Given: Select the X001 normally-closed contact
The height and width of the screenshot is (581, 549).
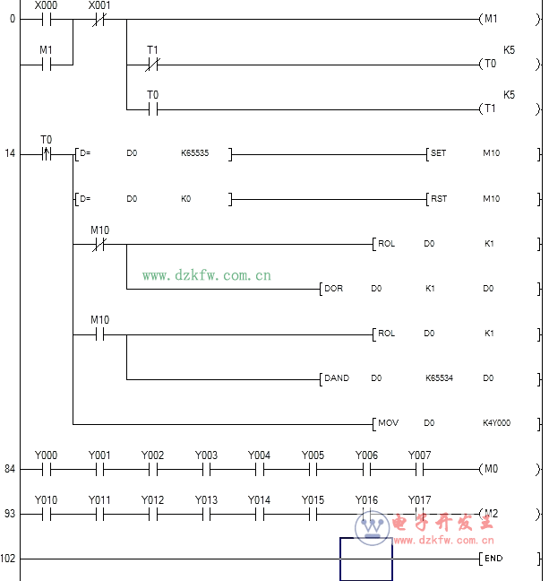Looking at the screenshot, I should [99, 19].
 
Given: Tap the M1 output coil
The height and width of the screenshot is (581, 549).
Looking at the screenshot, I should [491, 19].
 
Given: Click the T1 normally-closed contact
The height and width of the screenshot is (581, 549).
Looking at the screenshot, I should [152, 64].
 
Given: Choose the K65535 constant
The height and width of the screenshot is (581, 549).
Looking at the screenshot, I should [194, 153].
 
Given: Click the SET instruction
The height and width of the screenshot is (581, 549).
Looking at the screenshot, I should [438, 153].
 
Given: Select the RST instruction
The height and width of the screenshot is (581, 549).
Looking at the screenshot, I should [438, 198].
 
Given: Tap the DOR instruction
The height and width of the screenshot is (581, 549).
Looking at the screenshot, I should [332, 289].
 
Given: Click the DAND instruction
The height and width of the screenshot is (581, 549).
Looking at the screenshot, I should [336, 378].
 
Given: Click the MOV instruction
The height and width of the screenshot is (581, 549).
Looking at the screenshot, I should [387, 423].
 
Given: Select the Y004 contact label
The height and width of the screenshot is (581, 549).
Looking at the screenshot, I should [259, 455].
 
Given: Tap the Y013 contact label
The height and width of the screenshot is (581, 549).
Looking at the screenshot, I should [206, 500].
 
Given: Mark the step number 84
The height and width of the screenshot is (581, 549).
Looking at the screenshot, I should [9, 468].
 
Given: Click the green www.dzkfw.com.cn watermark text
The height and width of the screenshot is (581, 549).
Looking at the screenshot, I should [206, 275].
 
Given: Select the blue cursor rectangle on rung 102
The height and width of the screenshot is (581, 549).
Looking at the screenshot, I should [365, 559].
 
